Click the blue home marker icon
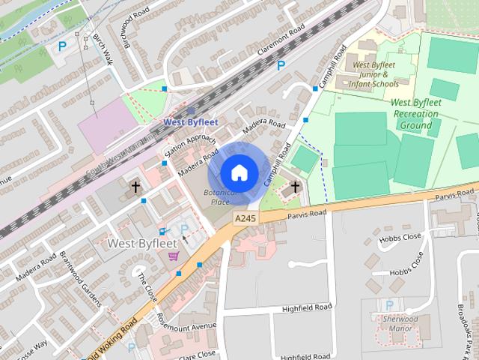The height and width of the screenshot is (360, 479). (239, 172)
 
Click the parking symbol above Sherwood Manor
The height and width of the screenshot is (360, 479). (388, 305)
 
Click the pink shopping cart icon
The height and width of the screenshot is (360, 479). (174, 256)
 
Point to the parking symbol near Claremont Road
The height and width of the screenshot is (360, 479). (281, 65)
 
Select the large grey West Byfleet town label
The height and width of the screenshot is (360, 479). (141, 243)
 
